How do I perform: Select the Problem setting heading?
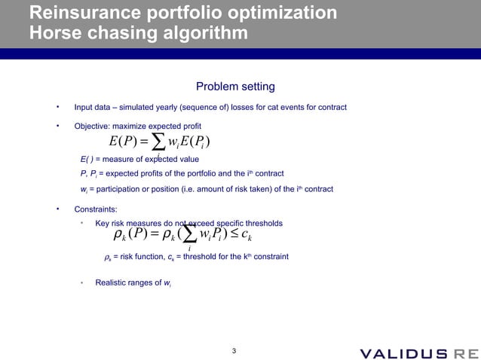tap(235, 87)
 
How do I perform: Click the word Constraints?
tap(96, 208)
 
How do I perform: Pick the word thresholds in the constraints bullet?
tap(260, 223)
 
